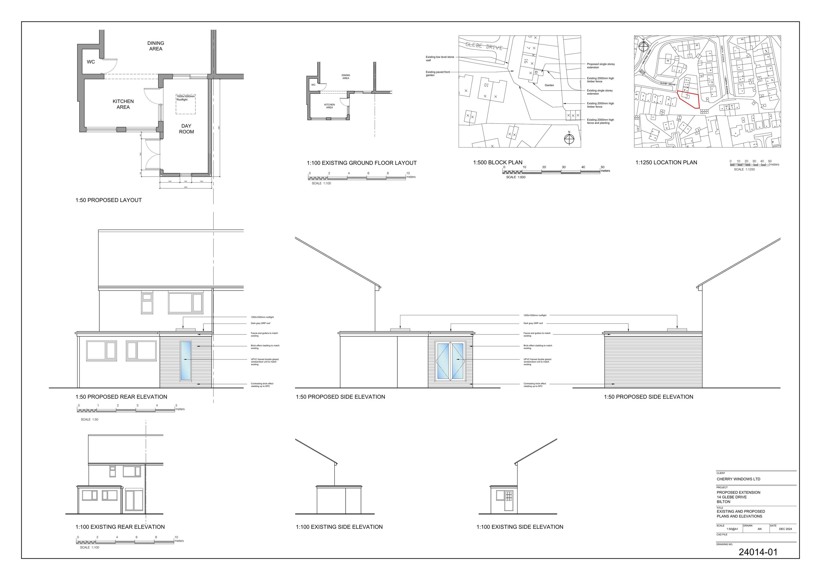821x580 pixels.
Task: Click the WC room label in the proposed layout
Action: tap(91, 62)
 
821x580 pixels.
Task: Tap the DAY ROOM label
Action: tap(186, 129)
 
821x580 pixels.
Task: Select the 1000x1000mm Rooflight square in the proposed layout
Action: tap(186, 104)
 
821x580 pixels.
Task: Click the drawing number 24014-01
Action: tap(758, 552)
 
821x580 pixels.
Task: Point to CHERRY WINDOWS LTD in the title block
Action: tap(738, 479)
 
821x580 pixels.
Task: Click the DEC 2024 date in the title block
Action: tap(785, 529)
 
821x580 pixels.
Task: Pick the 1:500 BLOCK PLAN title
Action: tap(498, 162)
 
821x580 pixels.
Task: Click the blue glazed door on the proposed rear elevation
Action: tap(186, 360)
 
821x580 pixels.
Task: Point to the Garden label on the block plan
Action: tap(549, 85)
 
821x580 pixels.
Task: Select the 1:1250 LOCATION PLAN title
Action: tap(666, 162)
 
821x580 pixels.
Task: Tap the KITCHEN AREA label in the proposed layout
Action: tap(123, 104)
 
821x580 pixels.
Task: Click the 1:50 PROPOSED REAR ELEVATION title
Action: tap(121, 397)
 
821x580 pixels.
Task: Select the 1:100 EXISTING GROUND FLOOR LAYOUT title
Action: tap(362, 163)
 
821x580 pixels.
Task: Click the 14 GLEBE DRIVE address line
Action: tap(732, 497)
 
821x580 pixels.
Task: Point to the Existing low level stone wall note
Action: tap(440, 59)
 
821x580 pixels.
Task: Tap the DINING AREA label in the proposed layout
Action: tap(155, 46)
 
